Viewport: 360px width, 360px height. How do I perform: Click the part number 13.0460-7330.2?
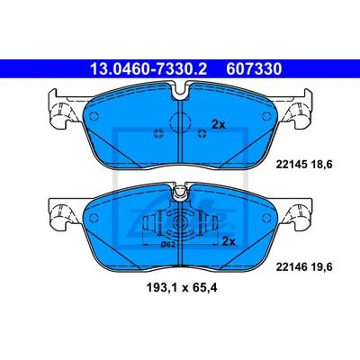148,69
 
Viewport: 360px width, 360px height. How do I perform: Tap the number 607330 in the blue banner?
254,69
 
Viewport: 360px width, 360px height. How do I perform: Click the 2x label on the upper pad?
219,124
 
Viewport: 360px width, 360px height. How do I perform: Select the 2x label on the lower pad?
229,241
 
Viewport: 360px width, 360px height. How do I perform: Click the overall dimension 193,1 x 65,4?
182,288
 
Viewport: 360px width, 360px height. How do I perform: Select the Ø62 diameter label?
167,245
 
